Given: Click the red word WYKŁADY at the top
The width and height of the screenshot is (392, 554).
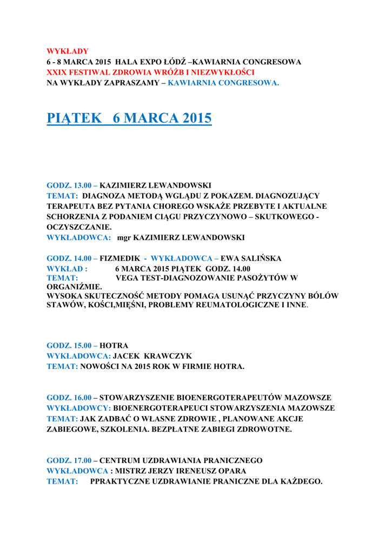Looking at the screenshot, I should (68, 51).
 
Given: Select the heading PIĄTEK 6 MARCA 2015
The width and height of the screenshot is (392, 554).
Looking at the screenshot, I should (129, 118).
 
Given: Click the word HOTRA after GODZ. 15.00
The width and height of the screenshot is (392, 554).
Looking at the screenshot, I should (114, 345).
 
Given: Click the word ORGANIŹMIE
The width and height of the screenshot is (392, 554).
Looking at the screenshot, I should (74, 287).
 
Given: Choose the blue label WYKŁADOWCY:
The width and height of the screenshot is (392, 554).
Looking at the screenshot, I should (79, 408).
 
